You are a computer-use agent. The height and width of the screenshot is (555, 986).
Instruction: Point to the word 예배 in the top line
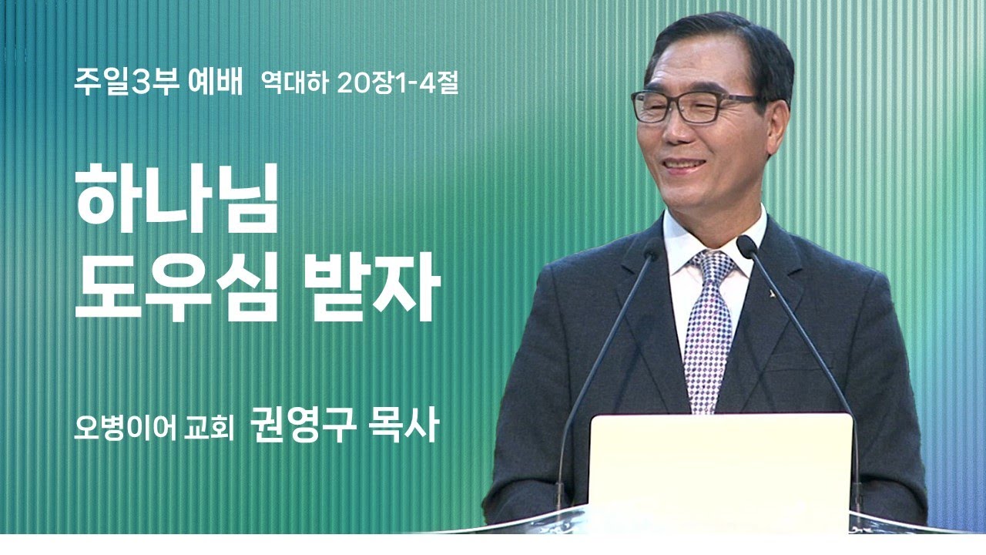click(x=215, y=81)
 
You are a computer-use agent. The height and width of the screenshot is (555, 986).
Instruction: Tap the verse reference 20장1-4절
click(x=397, y=82)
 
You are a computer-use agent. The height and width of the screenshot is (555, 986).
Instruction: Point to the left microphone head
click(x=652, y=249)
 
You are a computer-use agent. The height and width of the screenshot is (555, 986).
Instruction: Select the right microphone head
click(x=746, y=246)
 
